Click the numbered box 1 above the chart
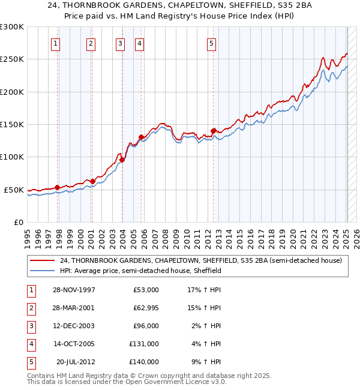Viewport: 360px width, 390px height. [55, 43]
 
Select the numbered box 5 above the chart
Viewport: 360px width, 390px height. [212, 43]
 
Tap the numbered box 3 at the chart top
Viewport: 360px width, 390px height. [120, 43]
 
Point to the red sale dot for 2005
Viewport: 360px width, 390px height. [141, 137]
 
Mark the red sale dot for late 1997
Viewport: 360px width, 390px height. [58, 187]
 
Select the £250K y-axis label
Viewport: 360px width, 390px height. [12, 59]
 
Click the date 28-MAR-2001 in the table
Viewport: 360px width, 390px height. [73, 308]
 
